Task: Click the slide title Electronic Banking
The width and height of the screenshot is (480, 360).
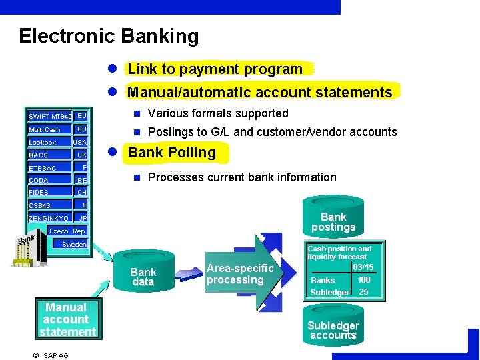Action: tap(109, 35)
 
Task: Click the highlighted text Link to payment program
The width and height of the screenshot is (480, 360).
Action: tap(215, 69)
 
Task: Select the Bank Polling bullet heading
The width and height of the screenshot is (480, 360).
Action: tap(171, 152)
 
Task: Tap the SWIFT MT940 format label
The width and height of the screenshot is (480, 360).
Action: tap(49, 117)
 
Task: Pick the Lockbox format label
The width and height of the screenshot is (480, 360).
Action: tap(43, 142)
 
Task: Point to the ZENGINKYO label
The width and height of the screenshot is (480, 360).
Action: tap(48, 218)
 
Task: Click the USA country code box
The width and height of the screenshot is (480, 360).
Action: tap(80, 142)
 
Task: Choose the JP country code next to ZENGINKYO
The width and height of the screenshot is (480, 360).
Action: tap(83, 218)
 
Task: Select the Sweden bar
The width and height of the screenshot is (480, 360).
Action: tap(74, 244)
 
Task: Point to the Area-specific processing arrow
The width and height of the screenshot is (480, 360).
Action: tap(240, 274)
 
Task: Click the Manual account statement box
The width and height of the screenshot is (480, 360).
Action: tap(67, 319)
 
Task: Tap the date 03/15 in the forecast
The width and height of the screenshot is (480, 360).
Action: tap(363, 267)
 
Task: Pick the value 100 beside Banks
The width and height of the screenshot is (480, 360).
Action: tap(363, 280)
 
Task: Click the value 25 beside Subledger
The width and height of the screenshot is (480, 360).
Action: tap(363, 292)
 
